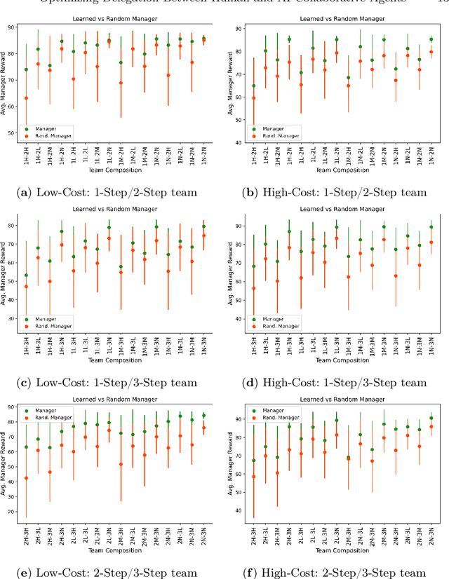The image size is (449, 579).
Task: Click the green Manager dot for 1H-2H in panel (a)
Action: (x=26, y=69)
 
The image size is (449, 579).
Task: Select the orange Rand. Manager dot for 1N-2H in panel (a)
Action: (x=168, y=75)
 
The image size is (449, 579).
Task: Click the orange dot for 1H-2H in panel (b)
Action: (x=254, y=98)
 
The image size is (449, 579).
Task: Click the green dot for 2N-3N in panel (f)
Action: (x=431, y=418)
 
